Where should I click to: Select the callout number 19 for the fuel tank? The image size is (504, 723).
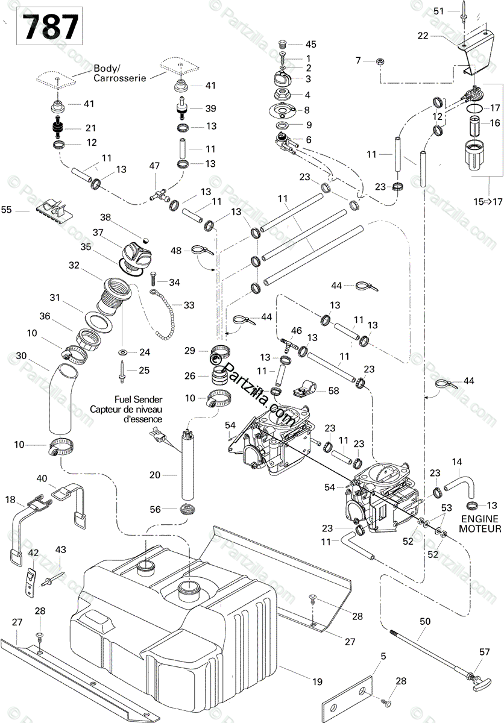click(317, 681)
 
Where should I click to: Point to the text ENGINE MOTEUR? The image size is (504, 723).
click(480, 524)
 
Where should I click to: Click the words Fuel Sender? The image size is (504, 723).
click(138, 399)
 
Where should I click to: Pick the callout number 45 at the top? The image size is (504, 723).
click(311, 44)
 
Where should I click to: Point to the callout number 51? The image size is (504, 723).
click(439, 11)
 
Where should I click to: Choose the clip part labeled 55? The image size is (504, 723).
click(54, 210)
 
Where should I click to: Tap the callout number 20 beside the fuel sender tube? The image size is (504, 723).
click(155, 475)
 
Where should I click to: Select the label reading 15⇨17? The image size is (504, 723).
click(488, 202)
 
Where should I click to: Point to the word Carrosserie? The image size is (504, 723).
click(120, 78)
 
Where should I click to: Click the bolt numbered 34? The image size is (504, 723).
click(153, 278)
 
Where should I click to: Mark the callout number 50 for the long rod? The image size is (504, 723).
click(425, 621)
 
